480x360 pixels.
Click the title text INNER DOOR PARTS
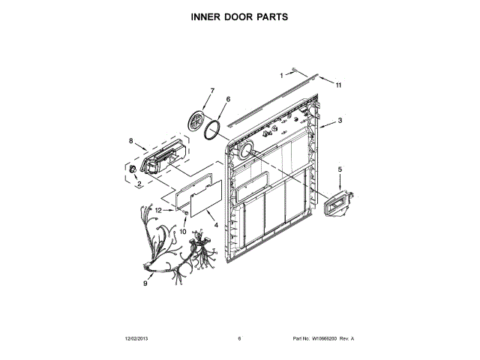(x=239, y=16)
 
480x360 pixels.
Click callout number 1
(x=283, y=75)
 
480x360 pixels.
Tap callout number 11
(x=337, y=85)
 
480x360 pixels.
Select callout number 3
(x=340, y=120)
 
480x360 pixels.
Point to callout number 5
(x=339, y=170)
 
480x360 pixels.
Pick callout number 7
(x=211, y=91)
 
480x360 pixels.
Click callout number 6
(x=228, y=99)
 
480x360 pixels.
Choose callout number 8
(x=131, y=140)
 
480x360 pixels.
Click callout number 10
(x=182, y=232)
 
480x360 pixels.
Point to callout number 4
(x=216, y=225)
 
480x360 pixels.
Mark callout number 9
(x=145, y=283)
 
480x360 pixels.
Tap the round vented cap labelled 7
(x=196, y=121)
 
